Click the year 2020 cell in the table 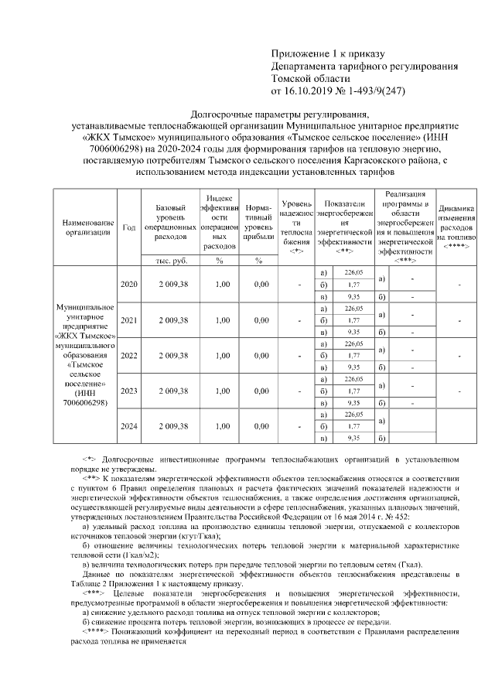pos(129,285)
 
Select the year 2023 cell pos(129,391)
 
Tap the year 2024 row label pos(129,426)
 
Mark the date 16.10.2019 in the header pos(310,90)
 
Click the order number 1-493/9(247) pos(370,90)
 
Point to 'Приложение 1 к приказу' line pos(326,53)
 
